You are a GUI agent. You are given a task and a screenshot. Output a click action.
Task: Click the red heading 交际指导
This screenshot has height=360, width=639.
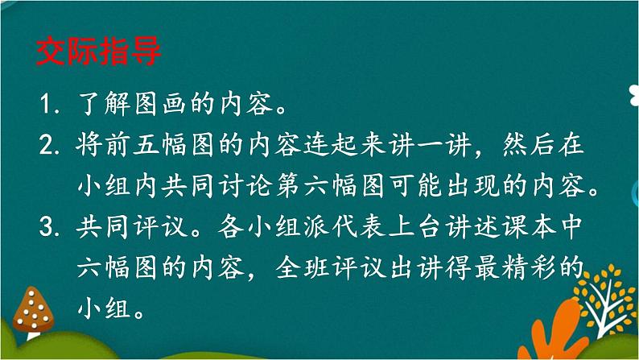99,52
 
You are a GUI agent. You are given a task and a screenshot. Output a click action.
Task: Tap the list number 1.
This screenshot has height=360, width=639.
47,104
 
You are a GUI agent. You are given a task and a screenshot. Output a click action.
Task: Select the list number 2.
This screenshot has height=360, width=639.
49,145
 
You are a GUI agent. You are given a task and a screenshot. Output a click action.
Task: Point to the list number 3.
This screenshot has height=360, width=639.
49,226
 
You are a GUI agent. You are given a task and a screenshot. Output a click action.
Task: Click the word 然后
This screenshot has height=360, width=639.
529,145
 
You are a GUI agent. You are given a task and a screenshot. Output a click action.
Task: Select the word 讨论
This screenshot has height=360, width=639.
245,185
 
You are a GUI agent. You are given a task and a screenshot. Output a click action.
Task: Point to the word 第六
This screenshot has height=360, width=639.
303,185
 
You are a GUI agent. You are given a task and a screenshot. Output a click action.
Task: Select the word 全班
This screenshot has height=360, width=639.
303,268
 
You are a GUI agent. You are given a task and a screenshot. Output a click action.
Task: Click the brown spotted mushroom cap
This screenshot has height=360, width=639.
33,310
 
